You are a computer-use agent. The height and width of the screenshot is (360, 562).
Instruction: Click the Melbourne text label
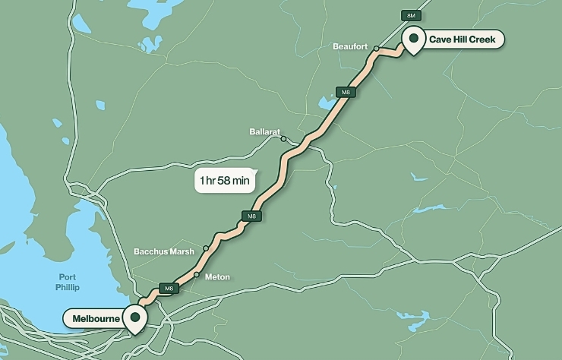pyautogui.click(x=96, y=317)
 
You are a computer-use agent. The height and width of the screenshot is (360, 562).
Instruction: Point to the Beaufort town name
pyautogui.click(x=350, y=47)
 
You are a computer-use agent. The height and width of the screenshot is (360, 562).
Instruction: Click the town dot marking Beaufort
pyautogui.click(x=376, y=48)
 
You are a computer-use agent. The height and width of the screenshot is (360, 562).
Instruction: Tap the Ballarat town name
pyautogui.click(x=265, y=131)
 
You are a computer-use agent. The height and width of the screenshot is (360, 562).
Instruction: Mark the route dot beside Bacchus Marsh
pyautogui.click(x=205, y=249)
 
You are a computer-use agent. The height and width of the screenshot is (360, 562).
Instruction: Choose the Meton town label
pyautogui.click(x=217, y=277)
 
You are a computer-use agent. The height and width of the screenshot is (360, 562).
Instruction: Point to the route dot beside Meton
pyautogui.click(x=196, y=275)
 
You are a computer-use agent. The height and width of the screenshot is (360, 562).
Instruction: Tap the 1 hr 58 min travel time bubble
pyautogui.click(x=224, y=181)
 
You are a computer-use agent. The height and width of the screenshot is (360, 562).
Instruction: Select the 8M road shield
pyautogui.click(x=411, y=14)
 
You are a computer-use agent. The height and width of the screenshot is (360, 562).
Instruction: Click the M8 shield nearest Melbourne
pyautogui.click(x=169, y=289)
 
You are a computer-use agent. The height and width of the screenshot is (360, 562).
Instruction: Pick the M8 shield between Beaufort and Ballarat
pyautogui.click(x=346, y=92)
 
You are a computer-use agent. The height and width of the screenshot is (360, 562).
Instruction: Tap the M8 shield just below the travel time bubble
pyautogui.click(x=251, y=216)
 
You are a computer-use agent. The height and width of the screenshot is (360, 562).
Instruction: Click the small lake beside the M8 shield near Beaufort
pyautogui.click(x=327, y=103)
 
